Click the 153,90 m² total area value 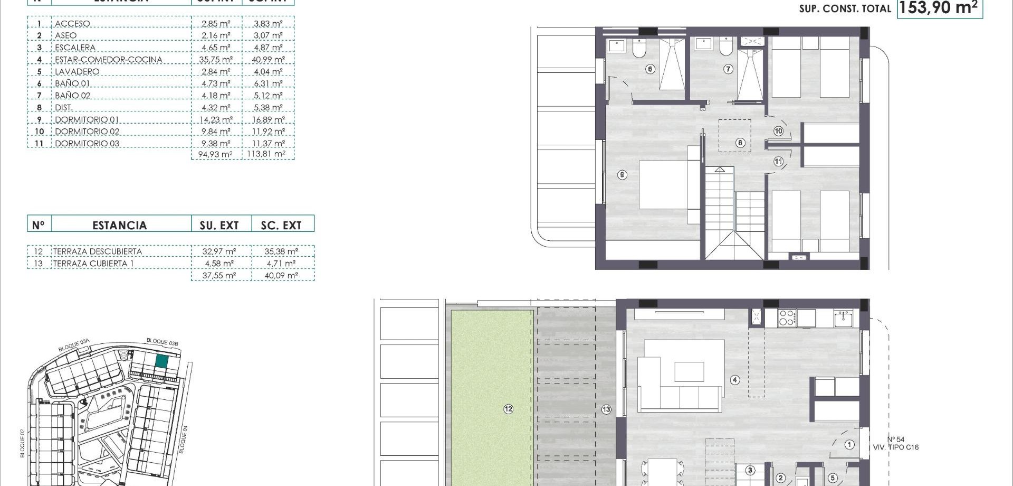(x=939, y=8)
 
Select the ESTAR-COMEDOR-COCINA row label (x=108, y=60)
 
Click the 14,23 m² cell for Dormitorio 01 (x=216, y=120)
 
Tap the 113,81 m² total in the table (x=266, y=154)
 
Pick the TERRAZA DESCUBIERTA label (x=98, y=251)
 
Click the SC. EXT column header (x=281, y=226)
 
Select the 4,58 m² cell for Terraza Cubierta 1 (x=219, y=264)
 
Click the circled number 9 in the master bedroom (x=623, y=175)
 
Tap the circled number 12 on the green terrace (x=508, y=409)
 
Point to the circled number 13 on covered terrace (x=606, y=409)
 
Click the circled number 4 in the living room (x=735, y=380)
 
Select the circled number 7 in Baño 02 (x=728, y=69)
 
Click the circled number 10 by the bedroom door (x=779, y=131)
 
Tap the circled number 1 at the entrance (x=849, y=445)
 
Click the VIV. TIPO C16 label (x=896, y=447)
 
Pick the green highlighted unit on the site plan (x=161, y=362)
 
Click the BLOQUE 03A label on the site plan (x=74, y=345)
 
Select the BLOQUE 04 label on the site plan (x=183, y=440)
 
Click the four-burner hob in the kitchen (x=787, y=317)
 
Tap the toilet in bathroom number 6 (x=639, y=48)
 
